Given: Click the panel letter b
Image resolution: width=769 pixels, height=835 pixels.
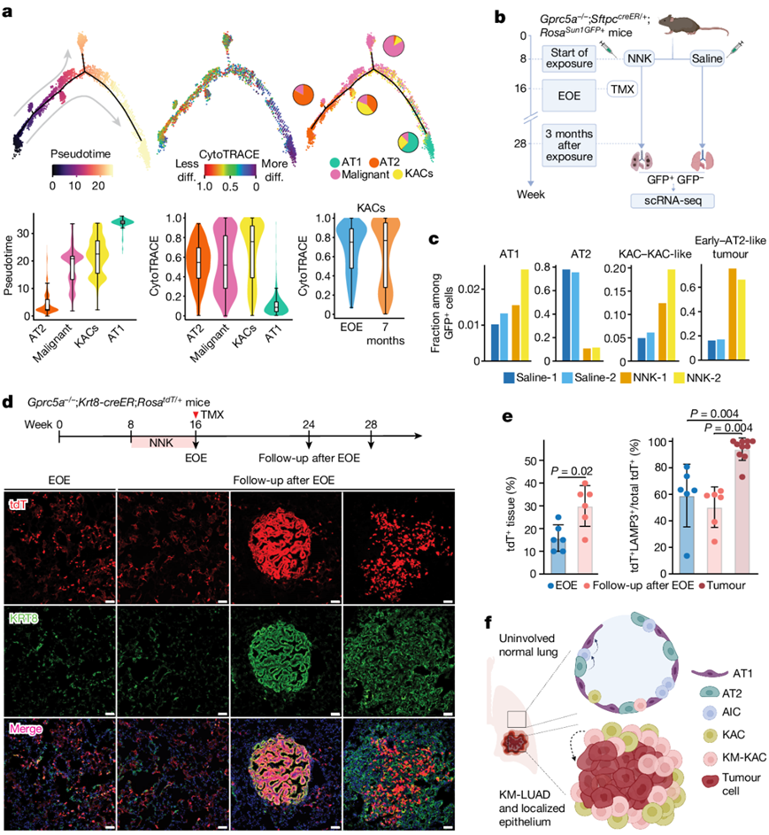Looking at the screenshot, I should click(500, 17).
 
